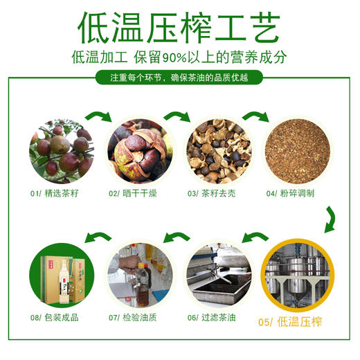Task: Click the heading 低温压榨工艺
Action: pos(179,26)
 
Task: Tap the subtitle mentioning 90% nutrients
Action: pos(179,57)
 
